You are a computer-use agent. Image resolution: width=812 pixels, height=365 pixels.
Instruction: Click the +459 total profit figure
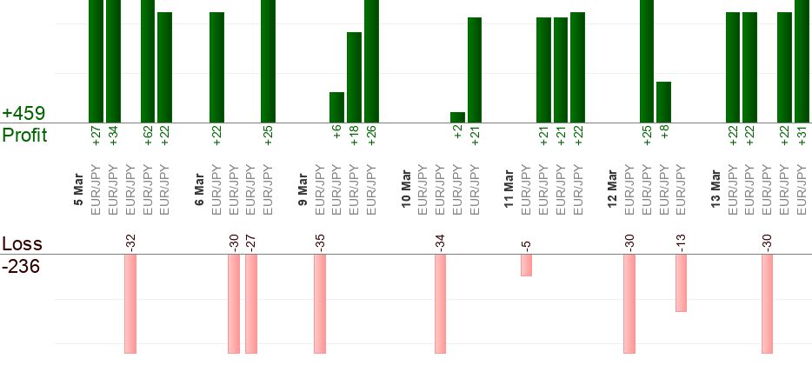coord(23,114)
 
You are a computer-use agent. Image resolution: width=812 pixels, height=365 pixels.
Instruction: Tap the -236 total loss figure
coord(21,267)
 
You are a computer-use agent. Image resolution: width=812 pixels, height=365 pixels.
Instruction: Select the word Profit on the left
coord(24,136)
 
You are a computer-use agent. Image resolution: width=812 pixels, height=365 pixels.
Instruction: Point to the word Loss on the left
coord(21,244)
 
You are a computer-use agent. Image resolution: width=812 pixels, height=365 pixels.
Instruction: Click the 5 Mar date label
coord(79,191)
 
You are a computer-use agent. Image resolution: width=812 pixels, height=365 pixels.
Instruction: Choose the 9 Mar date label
coord(303,191)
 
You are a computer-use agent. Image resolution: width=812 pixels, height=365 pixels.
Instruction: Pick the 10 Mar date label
coord(406,191)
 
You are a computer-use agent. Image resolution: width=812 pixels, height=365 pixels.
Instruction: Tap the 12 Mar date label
coord(612,191)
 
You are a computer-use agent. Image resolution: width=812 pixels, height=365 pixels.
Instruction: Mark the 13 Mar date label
coord(715,191)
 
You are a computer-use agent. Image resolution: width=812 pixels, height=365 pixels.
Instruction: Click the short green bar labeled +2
coord(457,117)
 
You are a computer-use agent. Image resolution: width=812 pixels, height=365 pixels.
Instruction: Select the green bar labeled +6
coord(336,107)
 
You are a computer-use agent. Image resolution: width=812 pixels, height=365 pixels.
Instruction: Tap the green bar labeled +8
coord(663,102)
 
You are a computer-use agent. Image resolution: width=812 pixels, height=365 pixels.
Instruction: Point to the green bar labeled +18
coord(354,77)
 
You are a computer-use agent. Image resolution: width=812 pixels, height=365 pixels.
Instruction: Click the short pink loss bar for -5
coord(526,265)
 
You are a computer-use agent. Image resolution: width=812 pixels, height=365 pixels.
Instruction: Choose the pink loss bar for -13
coord(681,282)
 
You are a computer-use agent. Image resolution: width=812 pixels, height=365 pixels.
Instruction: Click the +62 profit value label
coord(148,137)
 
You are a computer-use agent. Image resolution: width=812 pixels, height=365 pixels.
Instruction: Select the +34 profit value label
coord(114,137)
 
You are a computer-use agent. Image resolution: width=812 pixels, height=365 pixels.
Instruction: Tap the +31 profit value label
coord(802,137)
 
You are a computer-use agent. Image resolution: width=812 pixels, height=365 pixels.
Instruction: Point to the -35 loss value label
coord(320,242)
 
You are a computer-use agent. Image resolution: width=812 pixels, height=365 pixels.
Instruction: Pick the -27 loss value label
coord(251,242)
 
